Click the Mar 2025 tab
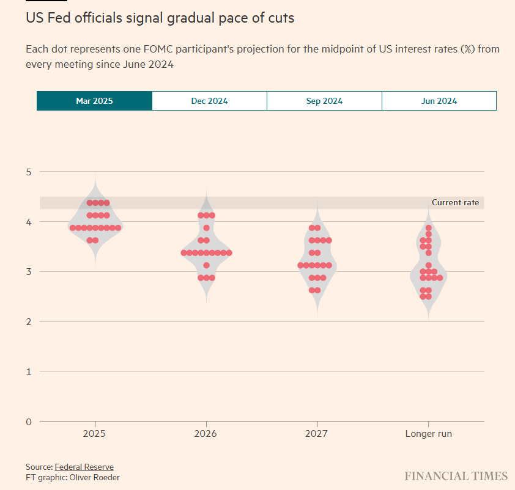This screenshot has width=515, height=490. point(94,101)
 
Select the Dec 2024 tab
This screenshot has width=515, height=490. point(209,101)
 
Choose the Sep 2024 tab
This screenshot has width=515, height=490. point(324,101)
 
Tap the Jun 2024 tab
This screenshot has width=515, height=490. point(439,101)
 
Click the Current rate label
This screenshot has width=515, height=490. point(455,202)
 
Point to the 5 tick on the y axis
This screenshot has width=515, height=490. point(28,172)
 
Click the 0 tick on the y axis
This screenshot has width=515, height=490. point(28,422)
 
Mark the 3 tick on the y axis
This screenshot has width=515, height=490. point(28,272)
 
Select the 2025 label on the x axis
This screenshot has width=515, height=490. point(94,434)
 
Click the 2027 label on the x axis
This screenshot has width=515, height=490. point(317,434)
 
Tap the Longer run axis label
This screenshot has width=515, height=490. point(428,434)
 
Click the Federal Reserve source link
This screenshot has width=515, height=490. point(84,467)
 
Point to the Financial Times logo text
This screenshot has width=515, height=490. point(456,476)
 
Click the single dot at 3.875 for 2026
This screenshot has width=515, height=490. point(207,228)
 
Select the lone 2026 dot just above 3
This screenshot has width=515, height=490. point(207,265)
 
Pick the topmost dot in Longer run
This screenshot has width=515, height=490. point(429,228)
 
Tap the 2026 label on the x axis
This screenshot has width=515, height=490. point(206,434)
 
